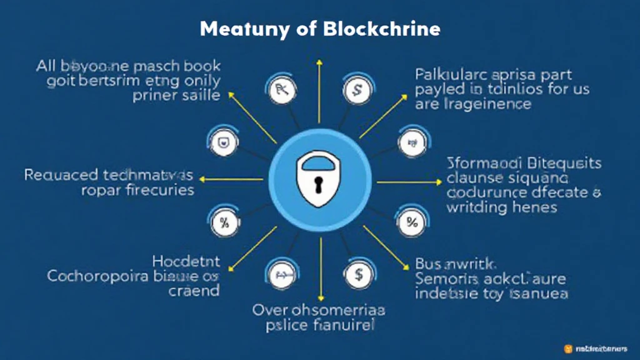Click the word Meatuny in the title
coord(236,29)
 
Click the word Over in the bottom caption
coord(271,309)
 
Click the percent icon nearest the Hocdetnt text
coord(222,221)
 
